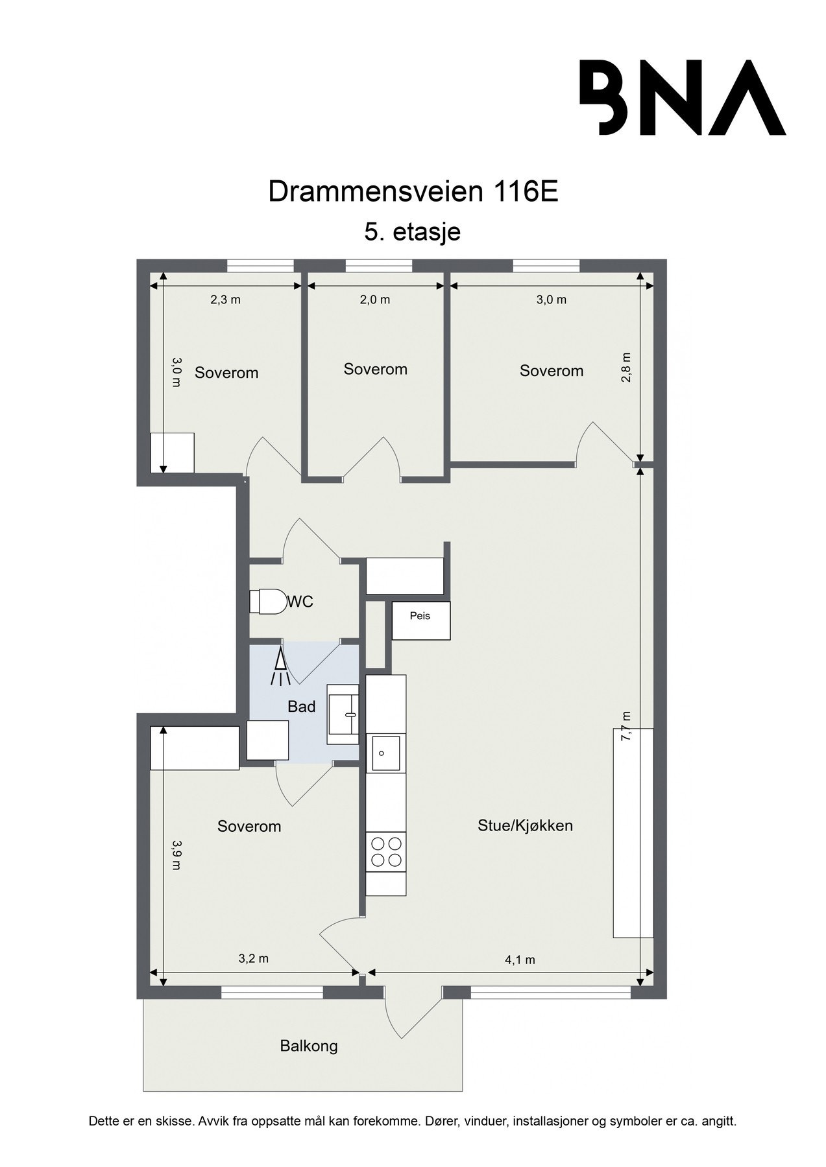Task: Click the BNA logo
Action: (x=682, y=97)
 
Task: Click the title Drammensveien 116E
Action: (x=413, y=192)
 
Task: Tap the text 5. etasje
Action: (x=413, y=231)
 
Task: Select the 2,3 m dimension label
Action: (x=225, y=300)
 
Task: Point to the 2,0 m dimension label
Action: (x=376, y=300)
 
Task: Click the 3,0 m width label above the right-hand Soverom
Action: (x=551, y=300)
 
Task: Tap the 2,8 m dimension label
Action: (x=626, y=368)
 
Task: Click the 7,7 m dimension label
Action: (x=626, y=726)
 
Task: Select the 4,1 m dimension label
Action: (x=520, y=960)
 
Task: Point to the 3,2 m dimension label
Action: (x=253, y=959)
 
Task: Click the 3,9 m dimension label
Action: (x=176, y=855)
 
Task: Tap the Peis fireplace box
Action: (x=420, y=620)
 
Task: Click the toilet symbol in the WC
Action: (x=268, y=601)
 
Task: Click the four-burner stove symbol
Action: (x=385, y=851)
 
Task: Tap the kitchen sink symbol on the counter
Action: (x=385, y=753)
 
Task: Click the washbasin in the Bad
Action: (x=342, y=714)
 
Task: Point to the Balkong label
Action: (x=309, y=1046)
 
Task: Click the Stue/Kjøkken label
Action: (x=525, y=825)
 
